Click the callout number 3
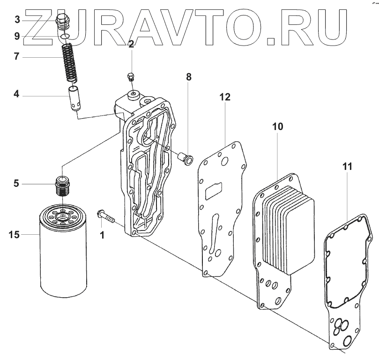click(x=17, y=19)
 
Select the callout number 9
click(x=17, y=36)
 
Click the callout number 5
click(x=16, y=184)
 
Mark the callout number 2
click(x=131, y=45)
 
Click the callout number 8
click(x=189, y=77)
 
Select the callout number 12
click(x=225, y=97)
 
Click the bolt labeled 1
click(x=106, y=216)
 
